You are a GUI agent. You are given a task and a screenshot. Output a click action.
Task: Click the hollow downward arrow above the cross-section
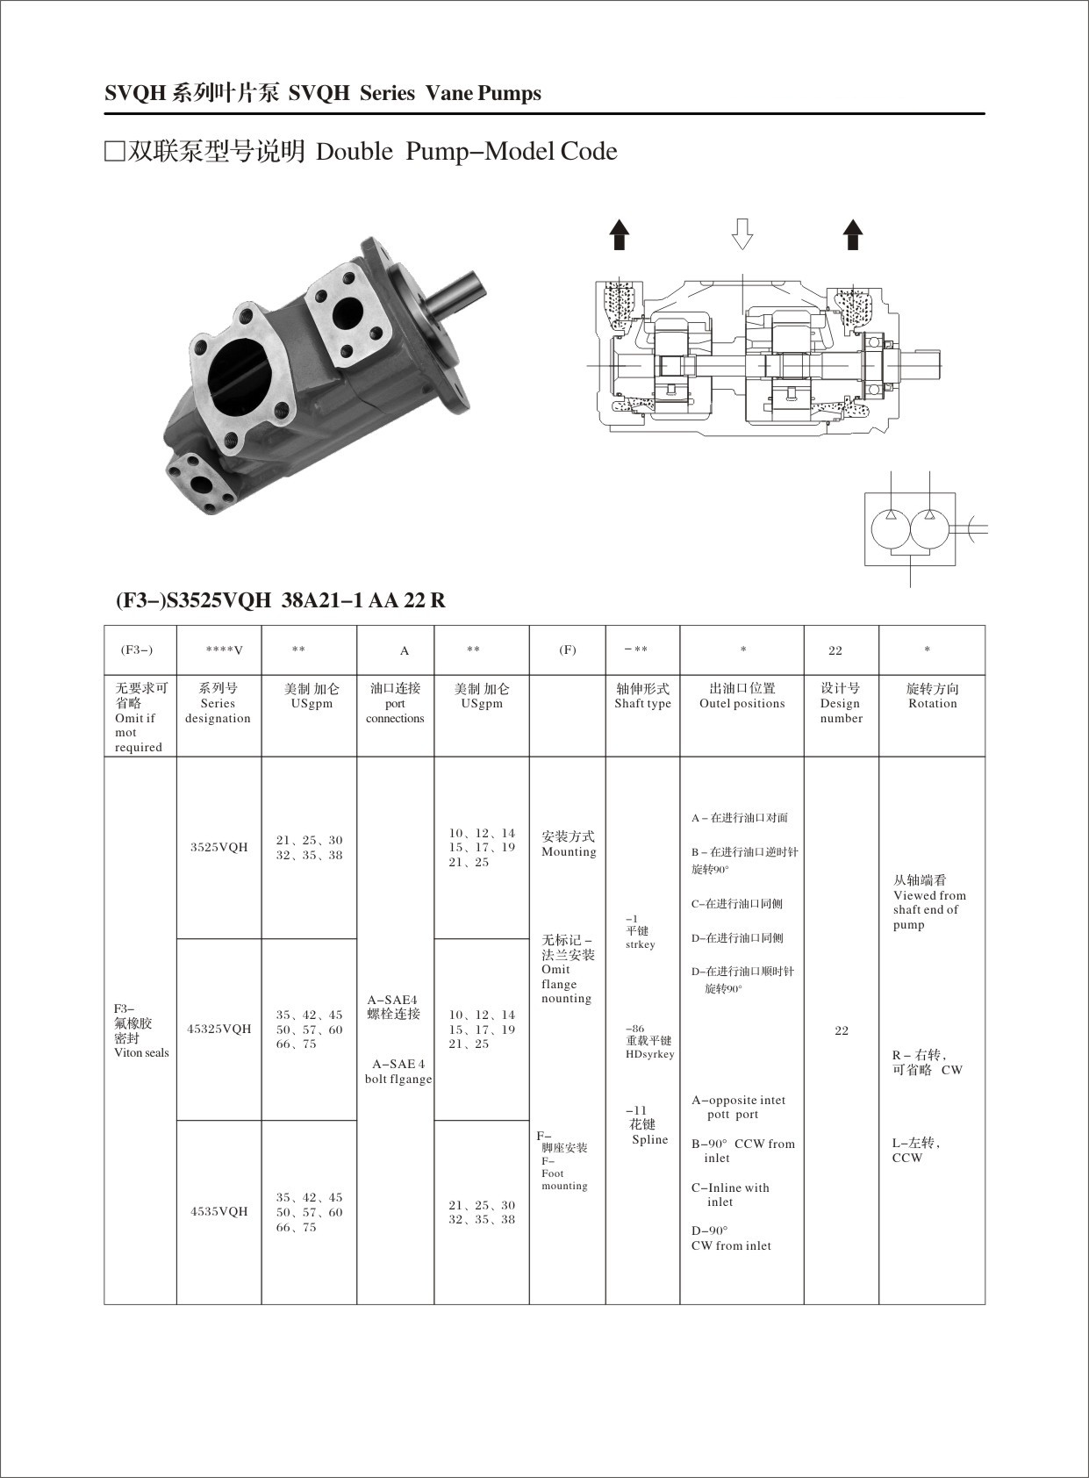742,233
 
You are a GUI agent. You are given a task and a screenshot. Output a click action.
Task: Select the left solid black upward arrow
620,234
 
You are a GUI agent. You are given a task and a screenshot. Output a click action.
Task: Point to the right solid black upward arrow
852,234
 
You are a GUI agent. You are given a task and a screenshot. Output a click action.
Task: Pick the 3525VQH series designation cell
219,848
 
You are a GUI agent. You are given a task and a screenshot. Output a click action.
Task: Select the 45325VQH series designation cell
219,1029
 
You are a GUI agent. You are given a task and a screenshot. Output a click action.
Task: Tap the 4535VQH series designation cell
219,1211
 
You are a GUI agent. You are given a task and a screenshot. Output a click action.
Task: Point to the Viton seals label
140,1052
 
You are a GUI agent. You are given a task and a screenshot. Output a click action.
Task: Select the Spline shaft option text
649,1140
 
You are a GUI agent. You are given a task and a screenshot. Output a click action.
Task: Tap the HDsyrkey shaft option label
649,1054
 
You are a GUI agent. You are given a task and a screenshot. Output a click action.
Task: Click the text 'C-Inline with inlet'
729,1195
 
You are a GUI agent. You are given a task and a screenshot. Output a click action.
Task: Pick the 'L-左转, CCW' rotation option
915,1151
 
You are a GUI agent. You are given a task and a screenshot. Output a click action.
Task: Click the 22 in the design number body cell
841,1030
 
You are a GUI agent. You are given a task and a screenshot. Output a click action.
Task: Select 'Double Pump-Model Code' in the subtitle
466,152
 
